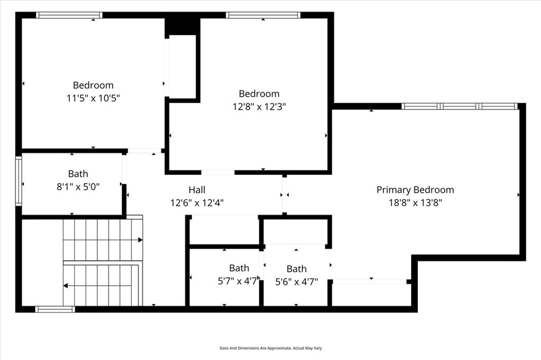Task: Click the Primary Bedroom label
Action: (x=415, y=190)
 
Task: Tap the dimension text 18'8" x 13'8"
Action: (x=415, y=203)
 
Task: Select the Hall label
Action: (x=197, y=190)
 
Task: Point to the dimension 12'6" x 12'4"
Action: (x=197, y=203)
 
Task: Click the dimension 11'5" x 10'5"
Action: (x=93, y=98)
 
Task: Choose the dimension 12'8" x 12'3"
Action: (x=259, y=107)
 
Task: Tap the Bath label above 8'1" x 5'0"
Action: (x=78, y=174)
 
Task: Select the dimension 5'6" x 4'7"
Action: (x=296, y=281)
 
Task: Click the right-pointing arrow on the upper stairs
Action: (x=139, y=240)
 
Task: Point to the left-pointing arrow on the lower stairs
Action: (x=66, y=286)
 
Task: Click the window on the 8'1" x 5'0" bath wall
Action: (x=18, y=181)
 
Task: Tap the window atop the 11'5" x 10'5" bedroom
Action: (x=69, y=15)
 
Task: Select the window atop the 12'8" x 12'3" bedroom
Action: (x=263, y=15)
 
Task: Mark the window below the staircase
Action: (x=55, y=309)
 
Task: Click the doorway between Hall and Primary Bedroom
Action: (x=284, y=194)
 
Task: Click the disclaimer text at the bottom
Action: (x=270, y=348)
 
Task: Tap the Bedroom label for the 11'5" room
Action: (x=93, y=85)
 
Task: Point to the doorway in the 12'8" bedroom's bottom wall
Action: (x=218, y=172)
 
